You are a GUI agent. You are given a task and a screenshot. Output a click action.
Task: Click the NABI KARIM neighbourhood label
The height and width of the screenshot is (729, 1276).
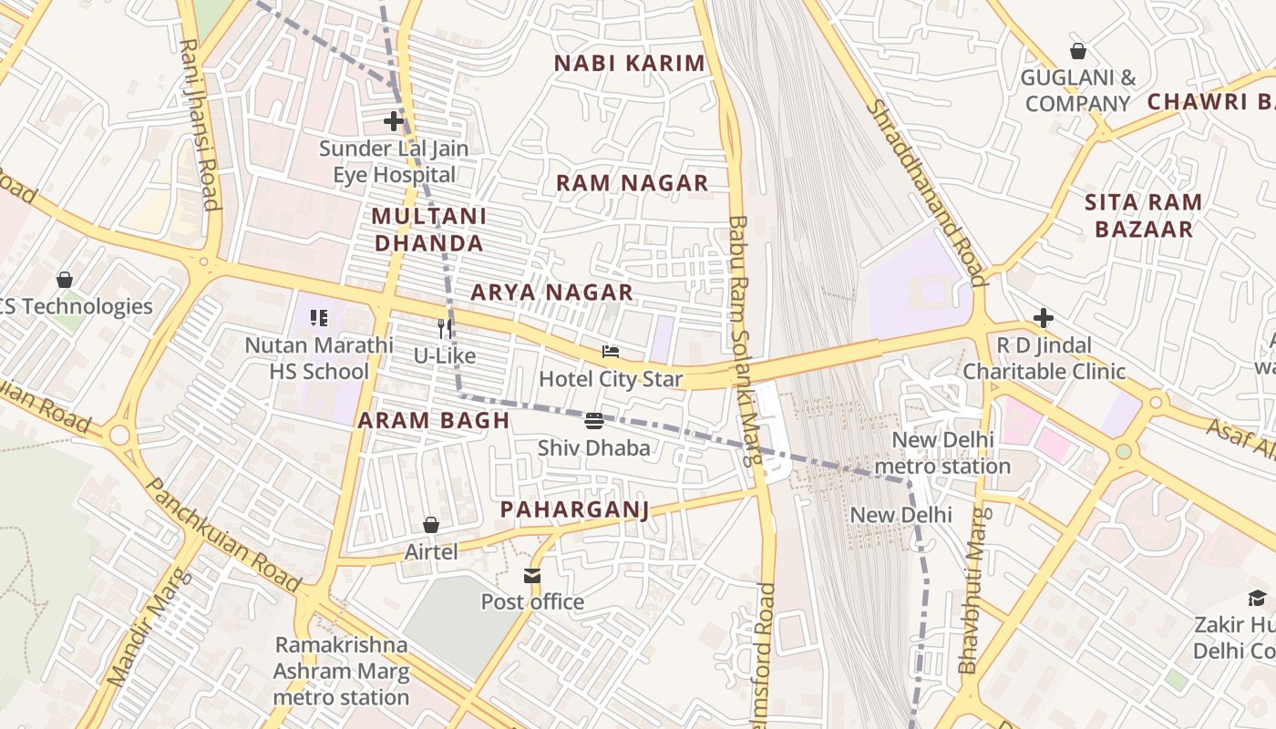tap(630, 64)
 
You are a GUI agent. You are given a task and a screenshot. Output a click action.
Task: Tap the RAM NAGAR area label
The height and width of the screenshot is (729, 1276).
tap(632, 183)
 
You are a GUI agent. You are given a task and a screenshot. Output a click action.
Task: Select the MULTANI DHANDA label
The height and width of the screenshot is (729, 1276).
tap(429, 230)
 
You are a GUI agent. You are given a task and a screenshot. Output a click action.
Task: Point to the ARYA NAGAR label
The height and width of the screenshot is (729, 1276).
tap(551, 293)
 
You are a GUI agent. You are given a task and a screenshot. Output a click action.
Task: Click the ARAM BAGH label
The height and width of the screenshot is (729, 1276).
tap(433, 420)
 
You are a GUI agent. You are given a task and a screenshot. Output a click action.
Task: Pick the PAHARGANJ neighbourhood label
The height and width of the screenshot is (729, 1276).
tap(574, 509)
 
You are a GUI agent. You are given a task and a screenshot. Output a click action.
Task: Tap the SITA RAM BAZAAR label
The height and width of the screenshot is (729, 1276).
tap(1143, 215)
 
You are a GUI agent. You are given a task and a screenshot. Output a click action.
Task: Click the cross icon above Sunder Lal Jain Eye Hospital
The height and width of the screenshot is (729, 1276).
tap(394, 120)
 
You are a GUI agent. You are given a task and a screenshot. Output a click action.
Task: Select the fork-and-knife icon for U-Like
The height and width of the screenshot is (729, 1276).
tap(445, 328)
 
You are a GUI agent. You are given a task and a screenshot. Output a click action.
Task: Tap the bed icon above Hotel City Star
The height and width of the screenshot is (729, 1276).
tap(611, 352)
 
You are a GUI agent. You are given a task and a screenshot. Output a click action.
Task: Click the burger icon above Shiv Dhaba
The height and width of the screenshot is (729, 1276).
tap(594, 420)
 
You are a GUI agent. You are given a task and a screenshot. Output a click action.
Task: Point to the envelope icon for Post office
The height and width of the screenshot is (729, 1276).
tap(532, 575)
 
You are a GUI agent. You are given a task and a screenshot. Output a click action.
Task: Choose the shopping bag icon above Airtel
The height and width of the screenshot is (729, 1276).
tap(431, 525)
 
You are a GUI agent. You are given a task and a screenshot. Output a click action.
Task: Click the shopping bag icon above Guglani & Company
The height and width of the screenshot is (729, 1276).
tap(1078, 51)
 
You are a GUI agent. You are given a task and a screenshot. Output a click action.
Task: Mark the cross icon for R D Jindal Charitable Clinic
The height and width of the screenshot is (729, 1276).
tap(1044, 317)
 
